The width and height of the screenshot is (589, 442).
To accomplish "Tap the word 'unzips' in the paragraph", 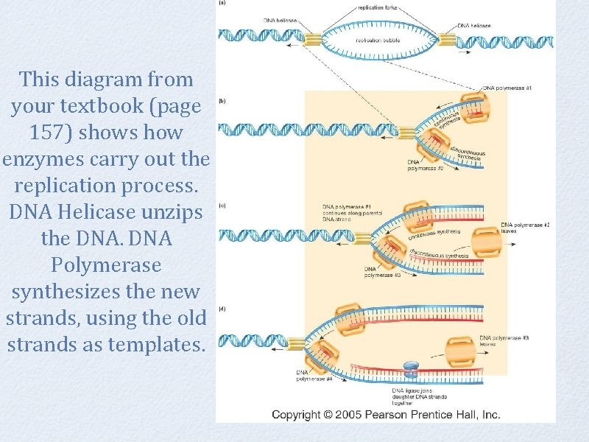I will point(178,212).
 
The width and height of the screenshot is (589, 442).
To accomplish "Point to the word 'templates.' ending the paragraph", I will point(155,344).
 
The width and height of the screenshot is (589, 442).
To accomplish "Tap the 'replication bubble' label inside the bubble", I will point(377,41).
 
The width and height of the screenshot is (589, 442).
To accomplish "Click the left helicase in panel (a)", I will point(314,41).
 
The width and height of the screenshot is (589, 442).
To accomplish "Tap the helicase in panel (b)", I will point(408,132).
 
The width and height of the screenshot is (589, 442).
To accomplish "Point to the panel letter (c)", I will point(222,206).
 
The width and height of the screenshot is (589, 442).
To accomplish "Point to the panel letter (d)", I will point(222,309).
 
